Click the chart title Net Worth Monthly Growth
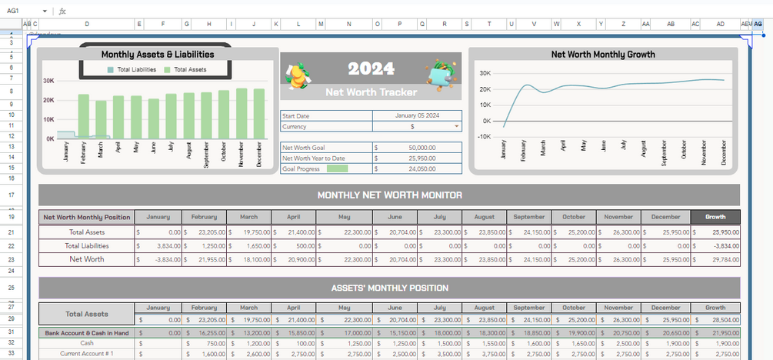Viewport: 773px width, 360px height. [603, 55]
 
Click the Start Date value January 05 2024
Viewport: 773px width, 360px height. [417, 115]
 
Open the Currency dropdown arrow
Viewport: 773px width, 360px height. [457, 126]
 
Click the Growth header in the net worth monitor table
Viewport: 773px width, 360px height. [715, 217]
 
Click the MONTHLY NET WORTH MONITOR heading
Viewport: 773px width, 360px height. [389, 195]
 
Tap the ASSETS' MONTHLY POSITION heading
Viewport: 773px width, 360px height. [389, 288]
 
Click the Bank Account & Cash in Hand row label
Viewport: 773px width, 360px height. [87, 332]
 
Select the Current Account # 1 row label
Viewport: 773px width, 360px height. [87, 353]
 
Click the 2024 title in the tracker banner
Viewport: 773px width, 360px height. [371, 68]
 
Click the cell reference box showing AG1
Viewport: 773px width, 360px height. [23, 11]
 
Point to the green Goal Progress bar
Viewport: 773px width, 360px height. [337, 168]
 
